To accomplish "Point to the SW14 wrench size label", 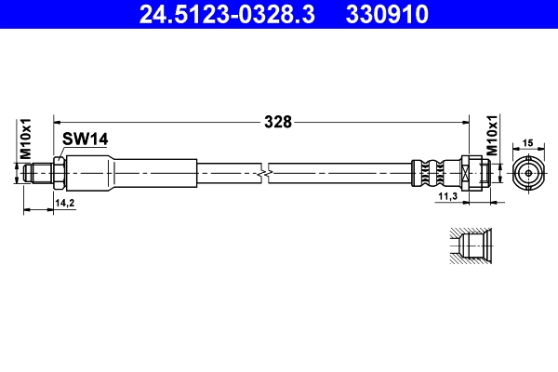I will (x=86, y=139).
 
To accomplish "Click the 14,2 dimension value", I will (x=64, y=201).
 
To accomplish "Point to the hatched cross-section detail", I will (x=468, y=248).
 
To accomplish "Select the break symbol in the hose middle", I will (x=267, y=173).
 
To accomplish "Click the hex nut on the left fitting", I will (x=59, y=173).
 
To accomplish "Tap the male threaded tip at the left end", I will (x=38, y=173).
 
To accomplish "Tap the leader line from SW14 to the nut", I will (x=61, y=152).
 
